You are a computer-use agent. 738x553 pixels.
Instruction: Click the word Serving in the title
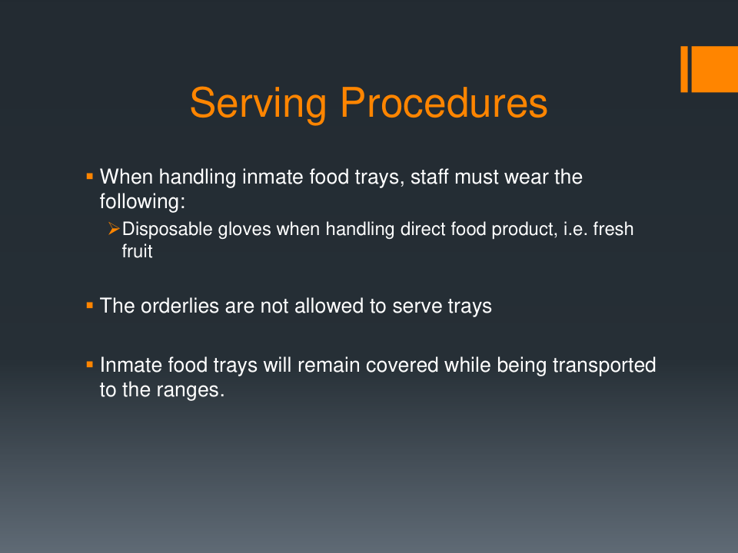[x=258, y=104]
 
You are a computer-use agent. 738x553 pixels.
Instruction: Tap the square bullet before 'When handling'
[x=90, y=177]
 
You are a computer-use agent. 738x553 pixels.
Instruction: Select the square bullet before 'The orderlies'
[x=90, y=306]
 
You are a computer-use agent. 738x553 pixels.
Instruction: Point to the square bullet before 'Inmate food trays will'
[x=90, y=364]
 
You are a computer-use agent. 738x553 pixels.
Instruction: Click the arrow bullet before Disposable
[x=114, y=229]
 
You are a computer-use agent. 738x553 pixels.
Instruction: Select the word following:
[x=143, y=202]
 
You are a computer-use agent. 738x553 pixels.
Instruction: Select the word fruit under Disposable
[x=138, y=251]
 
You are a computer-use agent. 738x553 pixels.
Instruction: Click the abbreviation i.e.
[x=575, y=230]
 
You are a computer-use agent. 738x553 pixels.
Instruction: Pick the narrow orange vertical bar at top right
[x=684, y=69]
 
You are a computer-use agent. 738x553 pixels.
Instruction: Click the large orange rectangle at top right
[x=714, y=69]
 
